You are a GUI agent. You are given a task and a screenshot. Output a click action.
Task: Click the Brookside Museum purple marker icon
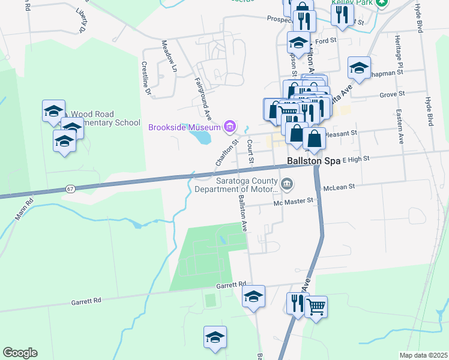[229, 126]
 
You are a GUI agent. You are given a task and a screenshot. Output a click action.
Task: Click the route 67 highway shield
[71, 189]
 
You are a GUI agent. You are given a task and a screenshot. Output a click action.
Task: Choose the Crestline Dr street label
[145, 78]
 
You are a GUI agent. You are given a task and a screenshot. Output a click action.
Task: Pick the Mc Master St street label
[294, 201]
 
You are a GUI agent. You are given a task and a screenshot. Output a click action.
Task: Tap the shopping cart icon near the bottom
[316, 307]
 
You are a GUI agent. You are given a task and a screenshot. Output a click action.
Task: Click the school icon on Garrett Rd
[253, 296]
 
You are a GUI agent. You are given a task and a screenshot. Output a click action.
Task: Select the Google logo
[20, 353]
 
